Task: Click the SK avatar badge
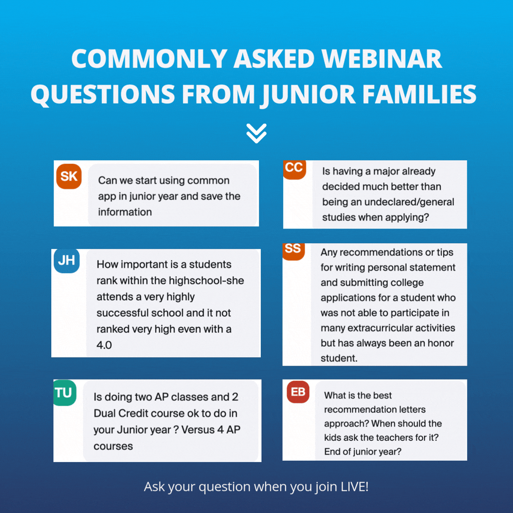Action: tap(69, 177)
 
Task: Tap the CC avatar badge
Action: tap(294, 168)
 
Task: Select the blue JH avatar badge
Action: tap(66, 261)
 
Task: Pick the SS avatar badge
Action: tap(293, 250)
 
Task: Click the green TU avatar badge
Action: tap(65, 393)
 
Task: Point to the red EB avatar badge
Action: tap(298, 393)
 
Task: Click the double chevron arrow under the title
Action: tap(256, 133)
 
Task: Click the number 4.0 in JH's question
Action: tap(104, 345)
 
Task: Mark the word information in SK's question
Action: tap(125, 212)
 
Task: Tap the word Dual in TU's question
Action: tap(105, 413)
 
